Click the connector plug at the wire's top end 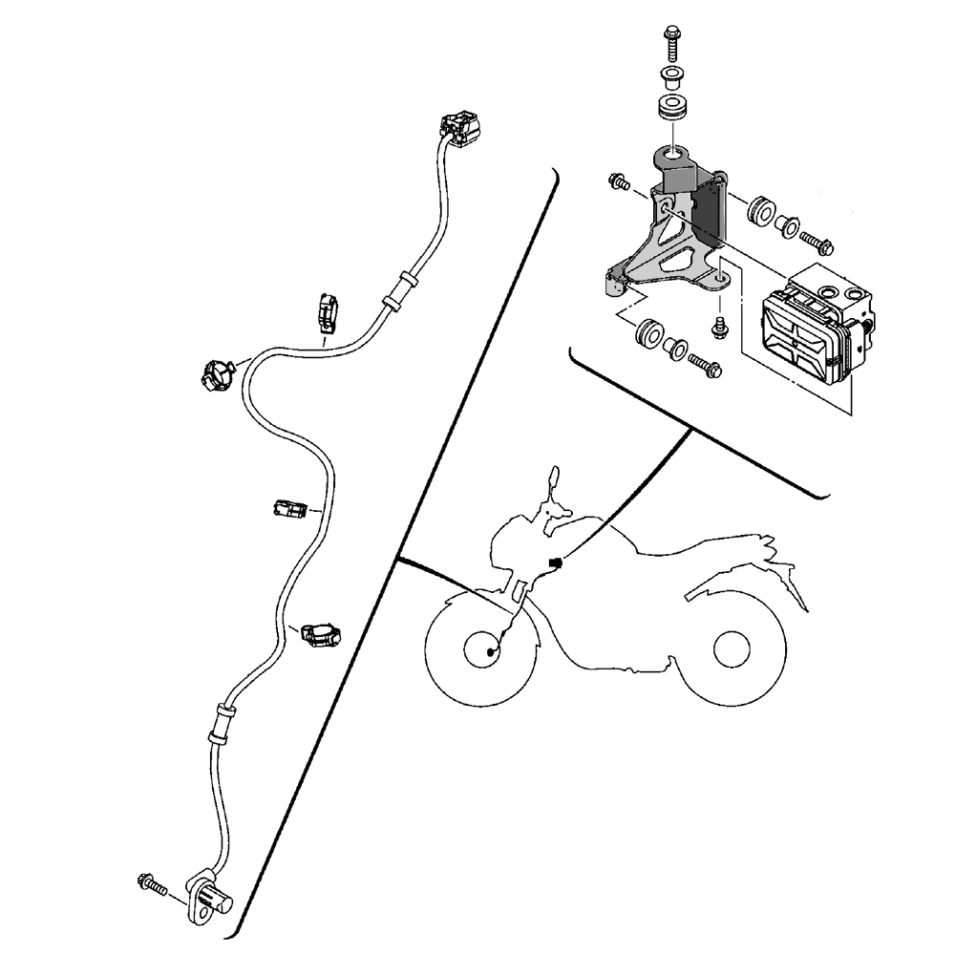(x=456, y=128)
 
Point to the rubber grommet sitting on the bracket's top (x=673, y=106)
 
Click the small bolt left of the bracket (x=618, y=179)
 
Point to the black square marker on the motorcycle (x=556, y=563)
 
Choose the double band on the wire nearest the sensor (x=221, y=724)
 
